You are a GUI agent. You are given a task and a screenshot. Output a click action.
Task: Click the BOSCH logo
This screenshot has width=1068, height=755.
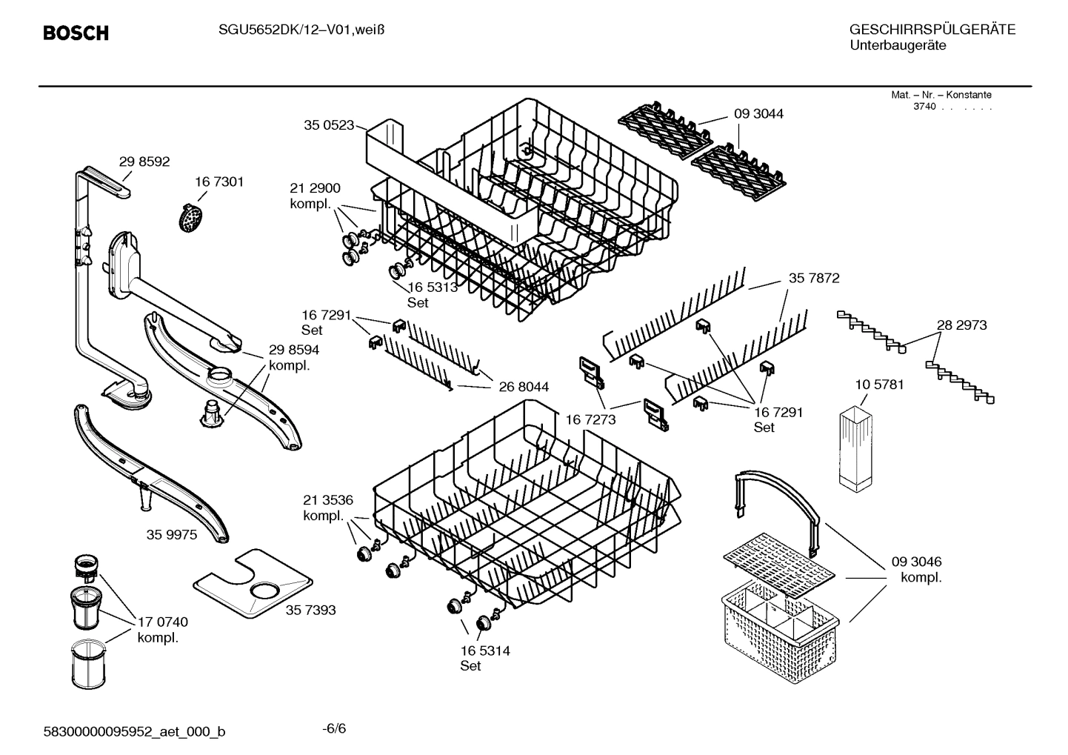(x=76, y=33)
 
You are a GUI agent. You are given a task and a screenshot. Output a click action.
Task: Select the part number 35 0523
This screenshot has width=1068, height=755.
(x=329, y=125)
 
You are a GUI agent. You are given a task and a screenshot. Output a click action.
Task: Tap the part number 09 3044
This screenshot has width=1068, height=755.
(x=758, y=114)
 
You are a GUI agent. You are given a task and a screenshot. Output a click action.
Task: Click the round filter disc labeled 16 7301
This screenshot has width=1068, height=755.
(x=192, y=216)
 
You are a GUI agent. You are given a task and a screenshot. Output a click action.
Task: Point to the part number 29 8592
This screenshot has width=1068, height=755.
(x=144, y=162)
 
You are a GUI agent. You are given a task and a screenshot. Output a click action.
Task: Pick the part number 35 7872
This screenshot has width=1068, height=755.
(x=814, y=279)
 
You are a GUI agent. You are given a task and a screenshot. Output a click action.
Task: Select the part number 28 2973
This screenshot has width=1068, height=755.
(x=961, y=325)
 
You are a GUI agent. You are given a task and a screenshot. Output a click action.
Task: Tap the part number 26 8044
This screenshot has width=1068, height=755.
(x=524, y=387)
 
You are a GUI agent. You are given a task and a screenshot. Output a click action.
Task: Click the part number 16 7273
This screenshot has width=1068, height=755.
(x=591, y=420)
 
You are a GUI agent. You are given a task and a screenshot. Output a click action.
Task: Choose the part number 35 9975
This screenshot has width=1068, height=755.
(x=172, y=534)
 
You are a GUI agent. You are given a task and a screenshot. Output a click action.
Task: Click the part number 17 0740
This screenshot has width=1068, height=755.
(x=163, y=622)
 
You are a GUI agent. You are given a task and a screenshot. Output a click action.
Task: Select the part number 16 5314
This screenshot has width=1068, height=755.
(x=485, y=651)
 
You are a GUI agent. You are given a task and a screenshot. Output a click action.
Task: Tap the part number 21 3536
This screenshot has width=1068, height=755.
(x=328, y=500)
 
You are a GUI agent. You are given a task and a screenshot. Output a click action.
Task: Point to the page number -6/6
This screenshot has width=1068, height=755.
(x=334, y=728)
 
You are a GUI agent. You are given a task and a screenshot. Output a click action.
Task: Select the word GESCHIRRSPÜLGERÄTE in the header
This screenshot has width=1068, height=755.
(x=932, y=30)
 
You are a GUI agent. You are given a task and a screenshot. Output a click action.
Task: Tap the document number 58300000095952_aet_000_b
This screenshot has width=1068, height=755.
(x=134, y=732)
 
